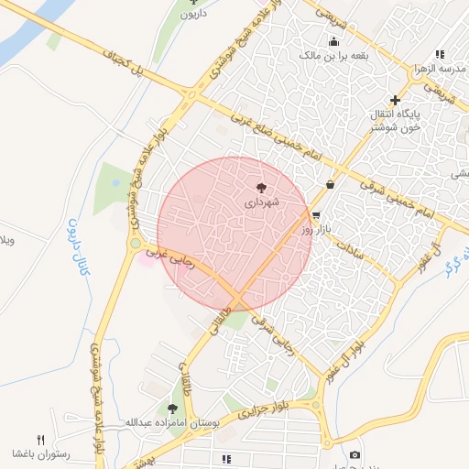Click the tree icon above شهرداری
pos(266,185)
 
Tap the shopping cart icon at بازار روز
pos(317,216)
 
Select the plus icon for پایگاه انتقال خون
pos(396,100)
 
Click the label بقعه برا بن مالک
pos(334,56)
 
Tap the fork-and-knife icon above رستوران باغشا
pos(40,440)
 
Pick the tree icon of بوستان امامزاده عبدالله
pos(172,409)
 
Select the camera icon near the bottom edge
pos(354,455)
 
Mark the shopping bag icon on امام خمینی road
pos(330,185)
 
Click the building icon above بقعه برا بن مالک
pos(334,42)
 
